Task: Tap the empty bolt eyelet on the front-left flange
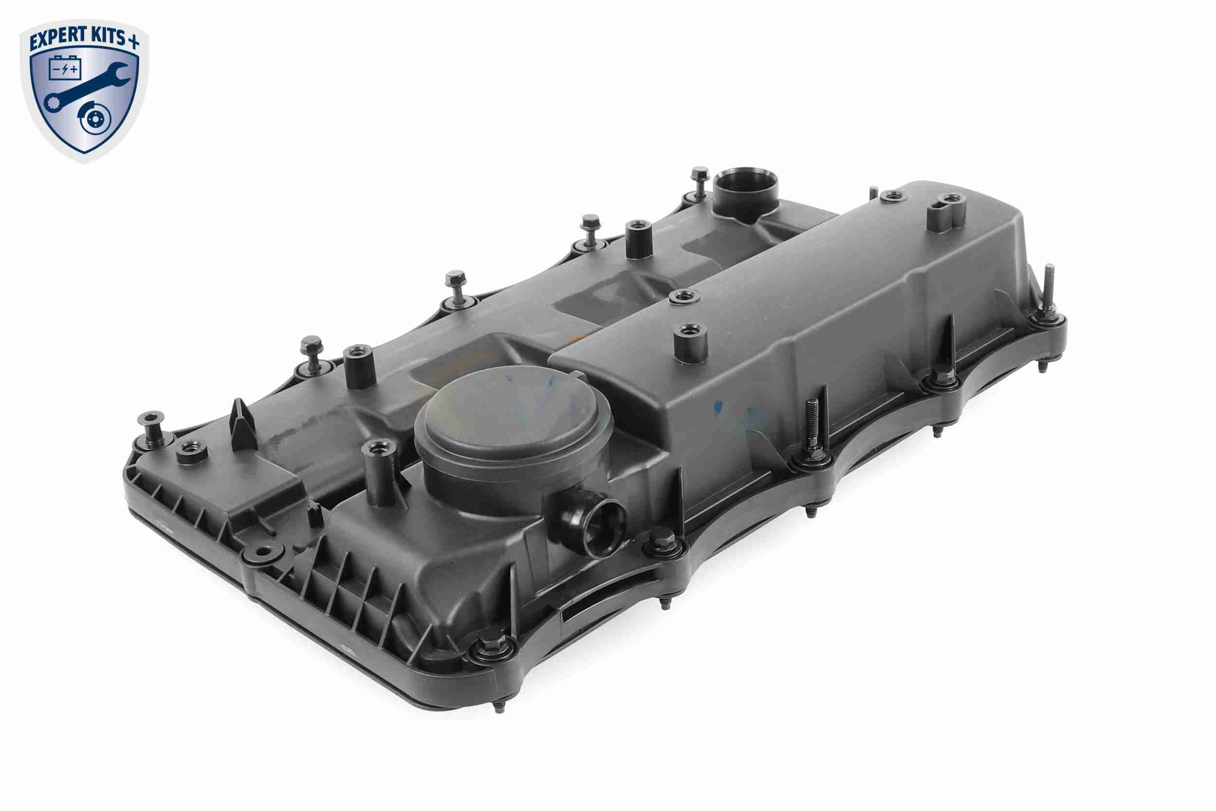(x=264, y=553)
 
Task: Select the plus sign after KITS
(x=133, y=42)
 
